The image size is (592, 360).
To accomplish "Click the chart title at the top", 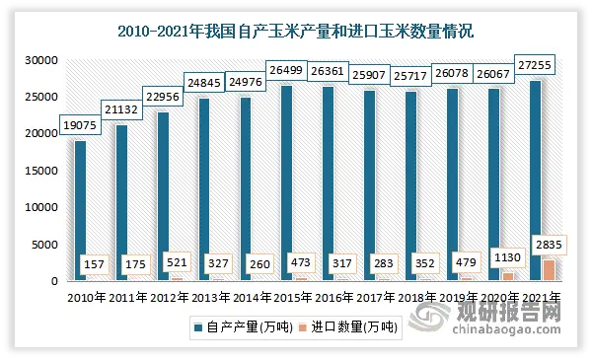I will click(295, 32).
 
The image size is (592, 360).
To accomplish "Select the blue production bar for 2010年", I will click(79, 211).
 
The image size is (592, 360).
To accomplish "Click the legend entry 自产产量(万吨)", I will click(241, 325).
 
